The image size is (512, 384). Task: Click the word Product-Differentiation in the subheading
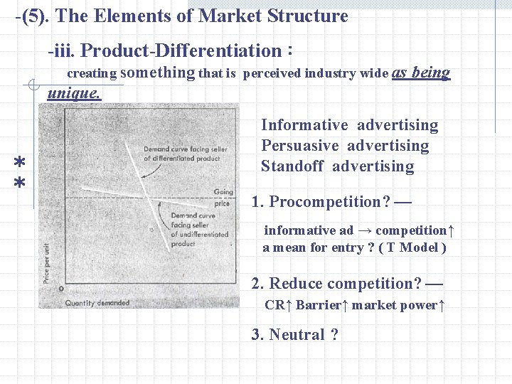point(181,50)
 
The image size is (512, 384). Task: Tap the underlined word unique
point(74,92)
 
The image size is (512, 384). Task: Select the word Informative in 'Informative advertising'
point(304,125)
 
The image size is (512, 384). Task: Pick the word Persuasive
point(301,146)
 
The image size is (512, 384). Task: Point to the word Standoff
point(292,166)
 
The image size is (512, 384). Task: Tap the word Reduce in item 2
point(296,284)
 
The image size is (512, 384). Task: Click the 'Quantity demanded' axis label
point(97,302)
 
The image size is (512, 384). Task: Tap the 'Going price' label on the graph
point(222,198)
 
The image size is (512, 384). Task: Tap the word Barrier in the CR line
point(318,305)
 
